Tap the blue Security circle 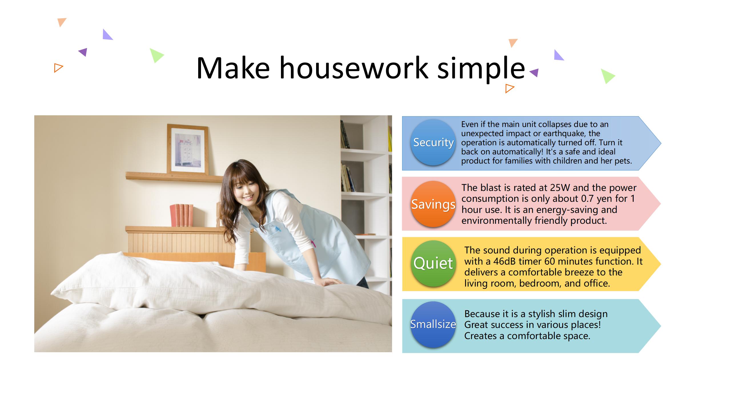pos(433,142)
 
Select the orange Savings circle pos(433,204)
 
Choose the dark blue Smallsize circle pos(433,325)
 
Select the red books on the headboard pos(182,215)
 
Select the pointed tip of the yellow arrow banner pos(660,264)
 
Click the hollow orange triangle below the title pos(509,88)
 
